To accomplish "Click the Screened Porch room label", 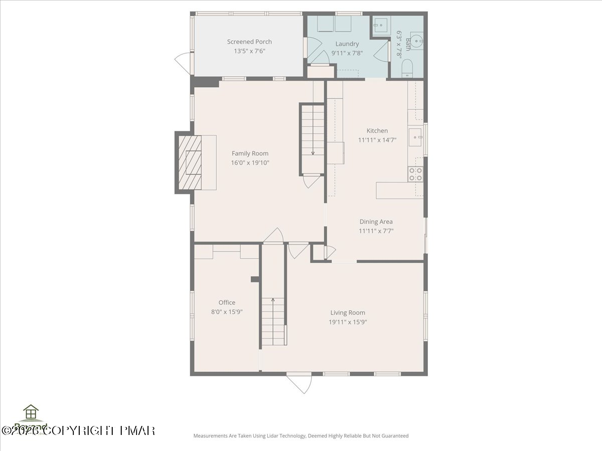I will pos(249,42).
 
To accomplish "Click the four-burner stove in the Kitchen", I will pos(415,174).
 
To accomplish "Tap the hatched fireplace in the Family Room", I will pos(191,163).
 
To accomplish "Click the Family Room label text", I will pos(250,153).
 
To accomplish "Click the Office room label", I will pos(227,302).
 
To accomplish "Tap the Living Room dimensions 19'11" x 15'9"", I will pos(348,322).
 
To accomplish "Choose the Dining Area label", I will pos(376,221).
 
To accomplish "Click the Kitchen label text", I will pos(377,131).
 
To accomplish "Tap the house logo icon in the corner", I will pos(31,412).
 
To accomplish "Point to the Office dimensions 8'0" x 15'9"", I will pos(227,312).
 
